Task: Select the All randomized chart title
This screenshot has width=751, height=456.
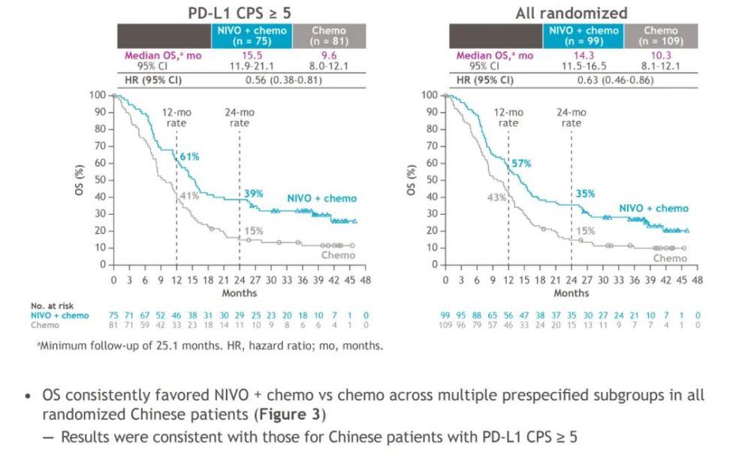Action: tap(573, 13)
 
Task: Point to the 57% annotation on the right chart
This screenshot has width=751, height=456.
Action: tap(521, 163)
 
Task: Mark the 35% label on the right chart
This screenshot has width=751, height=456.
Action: tap(585, 193)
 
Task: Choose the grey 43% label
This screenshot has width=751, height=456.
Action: tap(496, 198)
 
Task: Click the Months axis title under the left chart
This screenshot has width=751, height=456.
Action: tap(239, 293)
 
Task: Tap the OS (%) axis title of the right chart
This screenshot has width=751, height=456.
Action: tap(412, 180)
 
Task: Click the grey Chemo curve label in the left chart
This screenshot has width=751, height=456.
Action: tap(340, 255)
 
